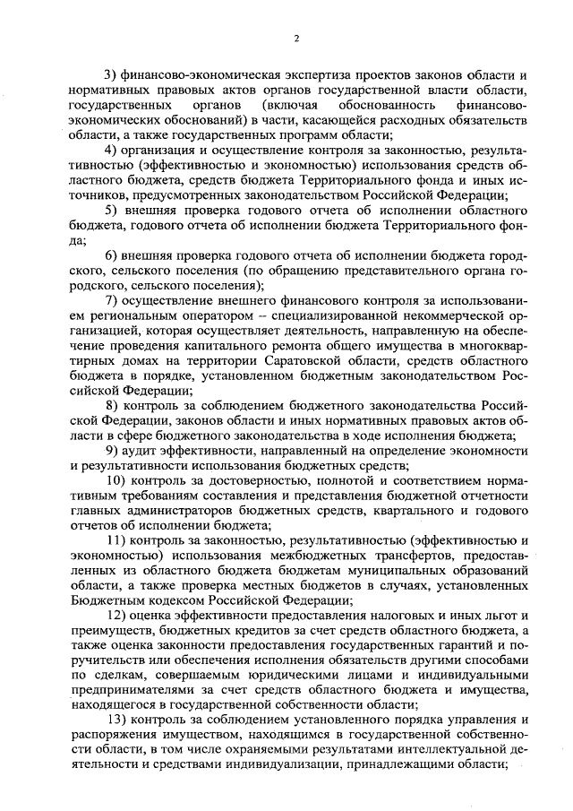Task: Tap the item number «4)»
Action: click(x=111, y=149)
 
